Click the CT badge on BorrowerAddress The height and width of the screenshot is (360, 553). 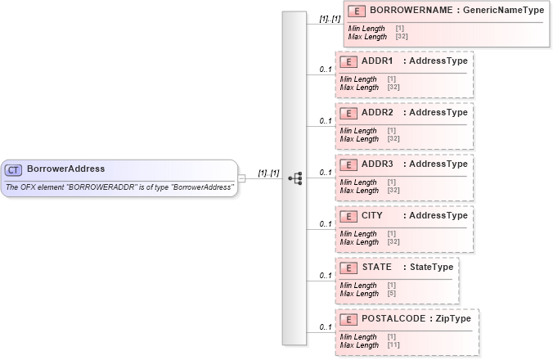(13, 169)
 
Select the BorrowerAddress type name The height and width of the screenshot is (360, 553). (66, 169)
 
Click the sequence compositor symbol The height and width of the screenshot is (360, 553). (295, 177)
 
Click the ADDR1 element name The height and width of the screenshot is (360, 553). (377, 61)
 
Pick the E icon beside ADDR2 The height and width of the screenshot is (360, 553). (347, 113)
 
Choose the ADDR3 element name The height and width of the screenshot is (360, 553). (377, 164)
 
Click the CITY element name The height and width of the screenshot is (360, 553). (371, 215)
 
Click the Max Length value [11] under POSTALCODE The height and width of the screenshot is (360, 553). (393, 344)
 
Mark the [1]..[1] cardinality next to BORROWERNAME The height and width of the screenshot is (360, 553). (330, 18)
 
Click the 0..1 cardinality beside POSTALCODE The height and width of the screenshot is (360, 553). (325, 327)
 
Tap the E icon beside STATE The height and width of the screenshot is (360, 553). (347, 267)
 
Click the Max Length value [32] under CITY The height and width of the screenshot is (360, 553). (393, 241)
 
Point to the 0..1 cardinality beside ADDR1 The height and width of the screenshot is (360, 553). (325, 70)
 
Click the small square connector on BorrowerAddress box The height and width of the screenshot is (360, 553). (241, 178)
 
